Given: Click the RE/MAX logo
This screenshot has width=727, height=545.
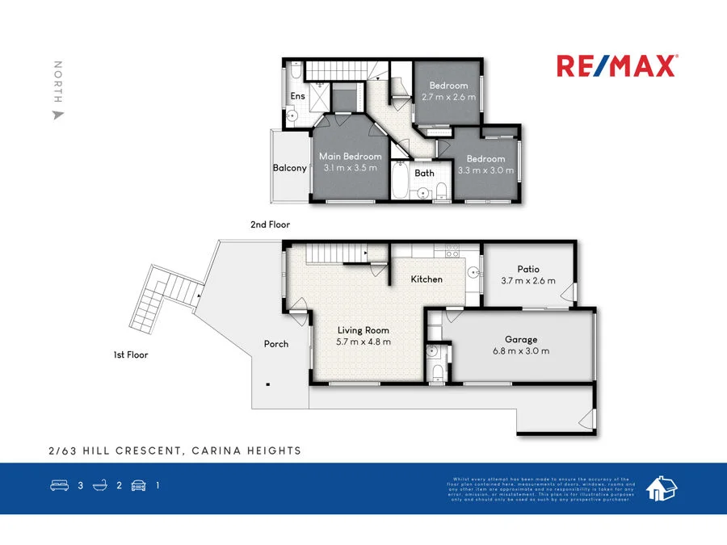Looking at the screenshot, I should (616, 66).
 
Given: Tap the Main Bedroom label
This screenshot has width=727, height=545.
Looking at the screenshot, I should (351, 157).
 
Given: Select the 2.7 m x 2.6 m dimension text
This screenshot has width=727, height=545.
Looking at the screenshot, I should (448, 97).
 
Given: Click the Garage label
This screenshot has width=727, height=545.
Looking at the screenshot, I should (521, 340).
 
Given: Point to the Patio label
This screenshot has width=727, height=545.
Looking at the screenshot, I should (528, 269).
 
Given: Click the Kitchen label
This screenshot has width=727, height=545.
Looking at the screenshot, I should (427, 279).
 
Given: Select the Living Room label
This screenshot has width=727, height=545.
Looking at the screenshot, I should (363, 330).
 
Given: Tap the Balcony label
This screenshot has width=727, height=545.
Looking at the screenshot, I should (289, 168).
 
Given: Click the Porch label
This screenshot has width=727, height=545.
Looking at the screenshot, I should (276, 344).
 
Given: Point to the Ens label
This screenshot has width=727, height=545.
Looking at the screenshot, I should (298, 97).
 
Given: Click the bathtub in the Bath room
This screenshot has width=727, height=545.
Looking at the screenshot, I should (401, 184).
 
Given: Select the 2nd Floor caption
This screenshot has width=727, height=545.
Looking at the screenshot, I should (270, 225).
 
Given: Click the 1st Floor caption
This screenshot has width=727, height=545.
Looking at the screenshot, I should (131, 354).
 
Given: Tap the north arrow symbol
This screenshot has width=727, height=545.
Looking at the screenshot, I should (57, 115).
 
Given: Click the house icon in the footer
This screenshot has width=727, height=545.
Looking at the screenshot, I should (662, 488).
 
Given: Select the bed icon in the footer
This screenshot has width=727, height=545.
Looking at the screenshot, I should (59, 486).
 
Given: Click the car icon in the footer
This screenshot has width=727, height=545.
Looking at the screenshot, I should (138, 486).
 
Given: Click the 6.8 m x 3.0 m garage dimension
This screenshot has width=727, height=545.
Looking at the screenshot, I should (521, 351).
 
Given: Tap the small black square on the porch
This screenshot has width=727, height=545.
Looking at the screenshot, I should (268, 385).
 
